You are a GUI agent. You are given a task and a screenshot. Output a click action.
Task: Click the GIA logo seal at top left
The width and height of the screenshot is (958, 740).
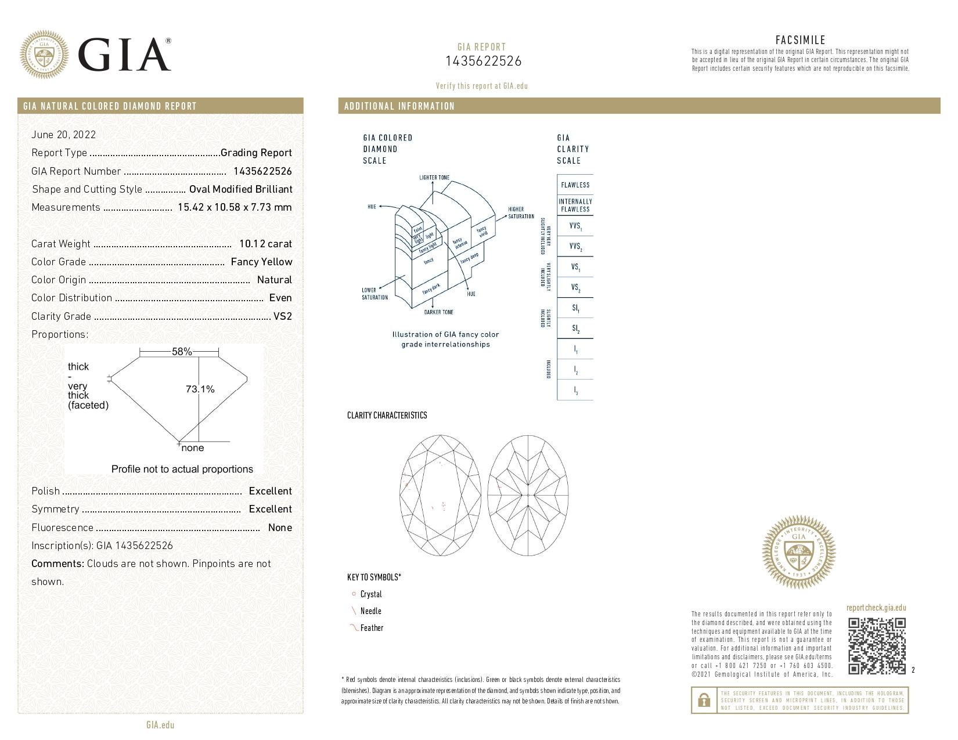44,55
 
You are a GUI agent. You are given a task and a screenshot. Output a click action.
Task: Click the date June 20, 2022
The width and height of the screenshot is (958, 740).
63,135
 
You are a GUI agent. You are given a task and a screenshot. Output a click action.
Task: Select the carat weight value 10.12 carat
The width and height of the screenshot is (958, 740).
265,244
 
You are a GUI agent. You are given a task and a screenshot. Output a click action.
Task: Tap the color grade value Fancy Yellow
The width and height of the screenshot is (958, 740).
261,262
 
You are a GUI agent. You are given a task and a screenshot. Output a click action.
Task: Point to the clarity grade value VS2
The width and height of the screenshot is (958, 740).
282,316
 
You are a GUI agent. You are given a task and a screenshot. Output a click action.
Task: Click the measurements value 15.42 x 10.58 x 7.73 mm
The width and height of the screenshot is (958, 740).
235,207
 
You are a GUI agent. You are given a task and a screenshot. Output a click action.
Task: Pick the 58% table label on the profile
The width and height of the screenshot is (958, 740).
182,352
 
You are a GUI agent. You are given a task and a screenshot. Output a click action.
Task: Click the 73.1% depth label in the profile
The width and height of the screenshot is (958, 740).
200,389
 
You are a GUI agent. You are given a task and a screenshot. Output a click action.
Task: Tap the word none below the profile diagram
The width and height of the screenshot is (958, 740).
193,448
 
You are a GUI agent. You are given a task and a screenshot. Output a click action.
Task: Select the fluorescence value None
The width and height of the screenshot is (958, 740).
280,528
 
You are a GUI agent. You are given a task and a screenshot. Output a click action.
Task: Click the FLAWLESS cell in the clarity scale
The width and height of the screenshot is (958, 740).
575,185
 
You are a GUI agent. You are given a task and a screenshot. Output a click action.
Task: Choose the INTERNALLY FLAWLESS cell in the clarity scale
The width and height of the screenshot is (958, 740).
575,205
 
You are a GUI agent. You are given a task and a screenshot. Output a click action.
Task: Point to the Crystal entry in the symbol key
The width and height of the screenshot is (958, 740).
371,594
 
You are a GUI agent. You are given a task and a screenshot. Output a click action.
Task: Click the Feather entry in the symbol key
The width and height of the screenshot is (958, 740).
372,628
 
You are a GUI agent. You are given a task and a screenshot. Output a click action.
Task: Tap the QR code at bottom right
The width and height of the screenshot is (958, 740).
877,646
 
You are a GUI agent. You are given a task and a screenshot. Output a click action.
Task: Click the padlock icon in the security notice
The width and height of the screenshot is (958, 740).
704,701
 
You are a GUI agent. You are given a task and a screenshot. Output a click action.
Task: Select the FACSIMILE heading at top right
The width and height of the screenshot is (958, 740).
800,40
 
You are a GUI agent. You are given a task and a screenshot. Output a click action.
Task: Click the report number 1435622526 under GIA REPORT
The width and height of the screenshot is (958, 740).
483,61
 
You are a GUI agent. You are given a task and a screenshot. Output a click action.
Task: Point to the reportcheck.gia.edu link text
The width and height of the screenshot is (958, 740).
876,608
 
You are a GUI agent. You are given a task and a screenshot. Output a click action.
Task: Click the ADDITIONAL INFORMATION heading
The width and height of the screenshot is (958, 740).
399,106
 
